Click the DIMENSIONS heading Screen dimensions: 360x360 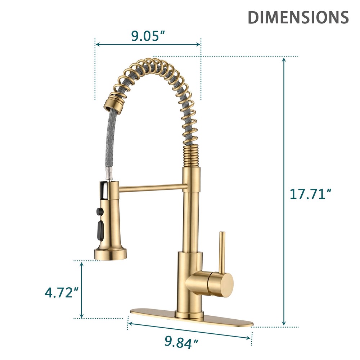click(x=298, y=17)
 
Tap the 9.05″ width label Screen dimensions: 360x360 click(x=148, y=36)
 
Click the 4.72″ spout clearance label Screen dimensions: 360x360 click(x=62, y=293)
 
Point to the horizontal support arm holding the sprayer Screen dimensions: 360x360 click(x=151, y=186)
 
